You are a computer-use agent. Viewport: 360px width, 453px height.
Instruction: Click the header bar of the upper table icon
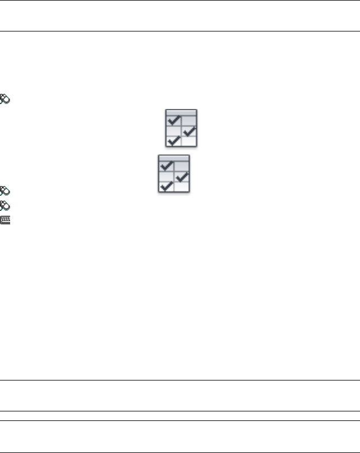tap(181, 112)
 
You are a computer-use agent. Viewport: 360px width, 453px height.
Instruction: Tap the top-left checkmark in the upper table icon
tap(174, 121)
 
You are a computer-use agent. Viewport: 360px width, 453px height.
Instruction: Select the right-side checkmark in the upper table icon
tap(189, 130)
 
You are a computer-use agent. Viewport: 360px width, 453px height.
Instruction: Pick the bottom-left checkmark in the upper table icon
tap(174, 141)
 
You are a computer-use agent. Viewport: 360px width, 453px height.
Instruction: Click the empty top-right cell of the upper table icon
tap(189, 120)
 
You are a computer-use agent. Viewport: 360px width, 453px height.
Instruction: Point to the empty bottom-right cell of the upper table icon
tap(189, 141)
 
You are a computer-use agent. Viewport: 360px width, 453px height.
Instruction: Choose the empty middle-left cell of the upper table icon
tap(174, 130)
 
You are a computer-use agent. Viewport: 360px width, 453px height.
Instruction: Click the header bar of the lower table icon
tap(174, 158)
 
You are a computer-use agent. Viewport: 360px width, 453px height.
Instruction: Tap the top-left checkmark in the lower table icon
tap(166, 166)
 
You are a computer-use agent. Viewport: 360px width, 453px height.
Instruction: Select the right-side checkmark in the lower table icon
tap(182, 176)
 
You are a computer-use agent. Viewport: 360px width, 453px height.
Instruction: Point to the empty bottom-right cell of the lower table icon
tap(182, 187)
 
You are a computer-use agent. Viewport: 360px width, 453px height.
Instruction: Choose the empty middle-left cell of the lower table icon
tap(166, 176)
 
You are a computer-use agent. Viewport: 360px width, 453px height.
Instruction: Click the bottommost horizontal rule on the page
tap(180, 452)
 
